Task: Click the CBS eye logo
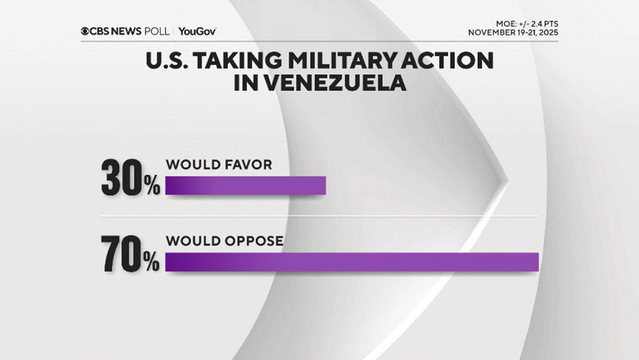[x=85, y=31]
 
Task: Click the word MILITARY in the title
[x=347, y=62]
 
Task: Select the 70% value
[x=130, y=255]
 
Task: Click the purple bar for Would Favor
[x=245, y=186]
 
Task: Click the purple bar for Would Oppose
[x=351, y=262]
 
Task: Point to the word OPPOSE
[x=253, y=241]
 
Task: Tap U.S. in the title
[x=168, y=62]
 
